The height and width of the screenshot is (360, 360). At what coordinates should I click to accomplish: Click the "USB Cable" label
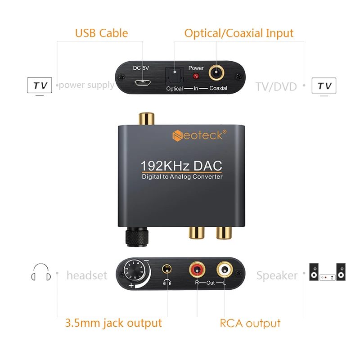101,33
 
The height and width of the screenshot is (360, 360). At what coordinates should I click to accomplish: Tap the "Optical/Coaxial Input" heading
238,33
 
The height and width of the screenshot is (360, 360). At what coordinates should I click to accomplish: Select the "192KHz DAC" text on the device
181,165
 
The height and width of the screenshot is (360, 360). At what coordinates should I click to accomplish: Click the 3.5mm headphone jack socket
167,269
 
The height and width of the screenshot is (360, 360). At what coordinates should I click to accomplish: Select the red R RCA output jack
197,270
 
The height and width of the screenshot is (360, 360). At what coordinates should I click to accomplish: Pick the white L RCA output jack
224,270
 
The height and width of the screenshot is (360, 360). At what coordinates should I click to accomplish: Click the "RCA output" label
250,323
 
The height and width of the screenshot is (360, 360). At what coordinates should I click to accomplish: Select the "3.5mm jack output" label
113,323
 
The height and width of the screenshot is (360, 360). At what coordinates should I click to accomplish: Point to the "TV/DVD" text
276,86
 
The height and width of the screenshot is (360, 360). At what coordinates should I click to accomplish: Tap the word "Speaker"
277,275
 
